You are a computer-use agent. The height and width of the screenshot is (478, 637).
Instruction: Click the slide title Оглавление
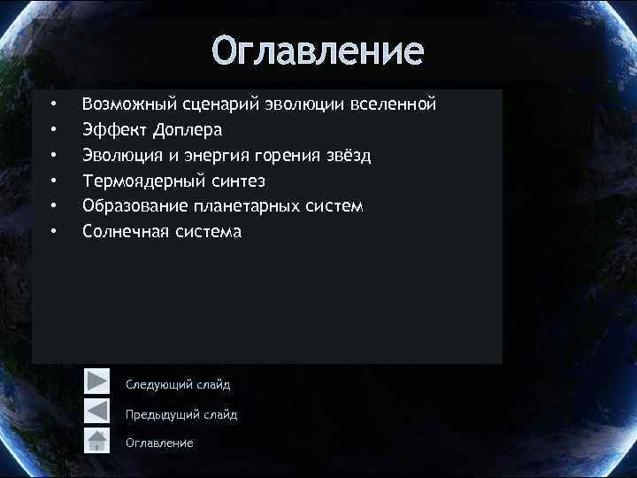point(318,50)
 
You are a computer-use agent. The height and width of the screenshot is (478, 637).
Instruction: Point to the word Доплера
point(187,131)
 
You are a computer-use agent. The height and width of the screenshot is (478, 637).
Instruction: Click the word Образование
point(133,206)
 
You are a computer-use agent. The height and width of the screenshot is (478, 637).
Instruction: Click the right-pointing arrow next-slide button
point(96,382)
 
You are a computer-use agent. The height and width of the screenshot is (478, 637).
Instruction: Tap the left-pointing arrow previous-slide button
point(96,412)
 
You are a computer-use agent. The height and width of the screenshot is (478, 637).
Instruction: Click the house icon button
point(96,441)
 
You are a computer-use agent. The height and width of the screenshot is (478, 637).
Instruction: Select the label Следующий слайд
point(178,384)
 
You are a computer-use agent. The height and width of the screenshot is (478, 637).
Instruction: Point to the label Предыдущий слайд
point(181,413)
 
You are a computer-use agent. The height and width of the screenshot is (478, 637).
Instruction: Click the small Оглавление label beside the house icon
point(159,442)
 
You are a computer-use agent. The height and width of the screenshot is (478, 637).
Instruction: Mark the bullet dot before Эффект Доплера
point(54,131)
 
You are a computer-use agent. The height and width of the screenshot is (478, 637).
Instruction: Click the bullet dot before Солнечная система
point(54,232)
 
